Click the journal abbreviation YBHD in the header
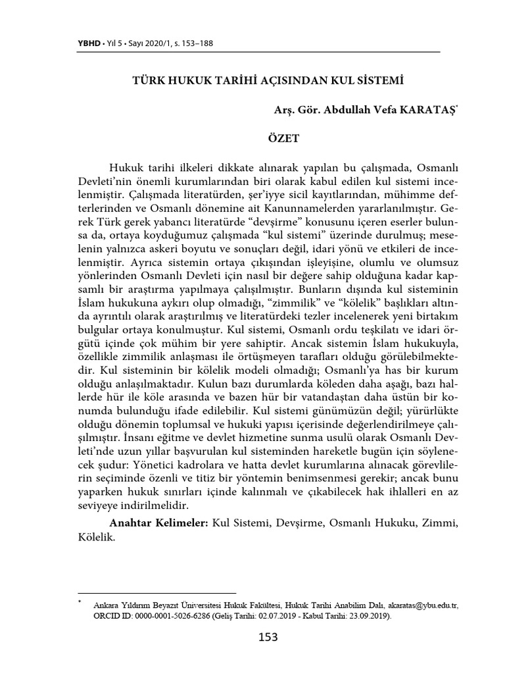click(x=89, y=43)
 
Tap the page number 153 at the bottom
click(x=268, y=636)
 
